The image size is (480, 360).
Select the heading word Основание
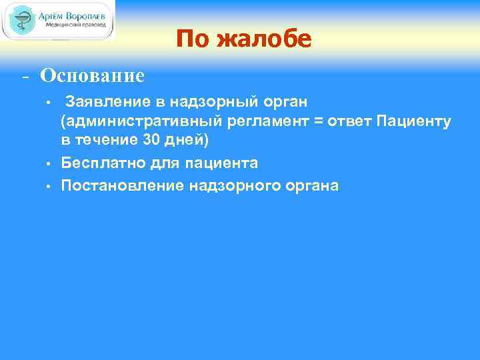(x=92, y=75)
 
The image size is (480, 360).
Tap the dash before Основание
(x=25, y=76)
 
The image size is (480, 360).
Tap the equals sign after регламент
(x=312, y=121)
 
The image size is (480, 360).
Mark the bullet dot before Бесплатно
(x=49, y=163)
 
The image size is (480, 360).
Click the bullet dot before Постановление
(x=49, y=185)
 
